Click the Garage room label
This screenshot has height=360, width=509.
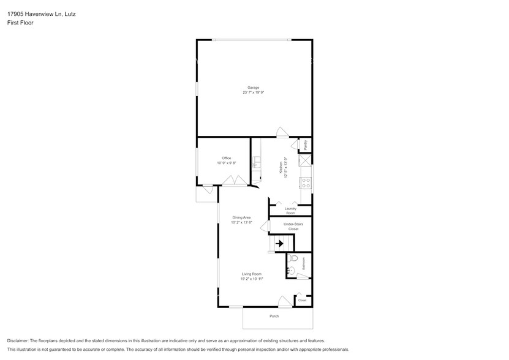pyautogui.click(x=253, y=88)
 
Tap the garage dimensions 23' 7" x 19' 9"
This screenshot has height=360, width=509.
pyautogui.click(x=253, y=92)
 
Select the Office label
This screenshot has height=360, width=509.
pyautogui.click(x=226, y=158)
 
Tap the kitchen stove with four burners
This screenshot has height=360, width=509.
pyautogui.click(x=306, y=182)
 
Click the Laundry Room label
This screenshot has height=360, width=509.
pyautogui.click(x=290, y=211)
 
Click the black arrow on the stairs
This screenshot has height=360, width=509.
pyautogui.click(x=279, y=244)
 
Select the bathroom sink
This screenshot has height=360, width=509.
pyautogui.click(x=292, y=270)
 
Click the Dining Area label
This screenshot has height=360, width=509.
pyautogui.click(x=241, y=217)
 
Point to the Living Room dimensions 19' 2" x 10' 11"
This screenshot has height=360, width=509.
pyautogui.click(x=251, y=279)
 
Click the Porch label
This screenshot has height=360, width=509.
pyautogui.click(x=274, y=316)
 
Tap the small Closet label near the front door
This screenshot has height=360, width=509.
pyautogui.click(x=302, y=300)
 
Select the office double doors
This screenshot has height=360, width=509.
pyautogui.click(x=234, y=181)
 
